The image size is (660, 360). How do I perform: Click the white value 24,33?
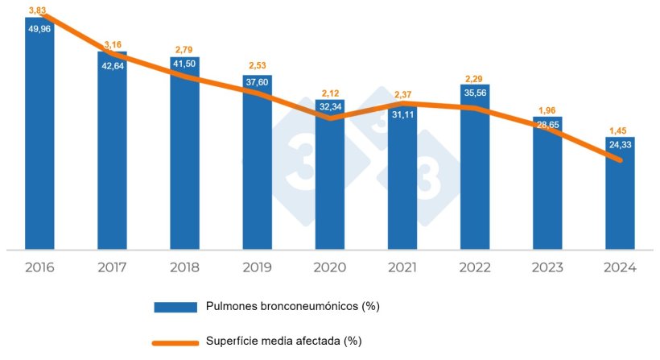coord(619,146)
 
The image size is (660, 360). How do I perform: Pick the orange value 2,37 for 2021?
coord(402,95)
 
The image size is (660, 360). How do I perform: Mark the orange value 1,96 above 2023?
coord(547,110)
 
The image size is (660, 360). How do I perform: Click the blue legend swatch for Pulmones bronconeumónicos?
coord(175,307)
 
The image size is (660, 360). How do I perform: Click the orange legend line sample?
coord(175,341)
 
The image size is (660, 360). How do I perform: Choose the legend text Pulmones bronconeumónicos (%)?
coord(293,306)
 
